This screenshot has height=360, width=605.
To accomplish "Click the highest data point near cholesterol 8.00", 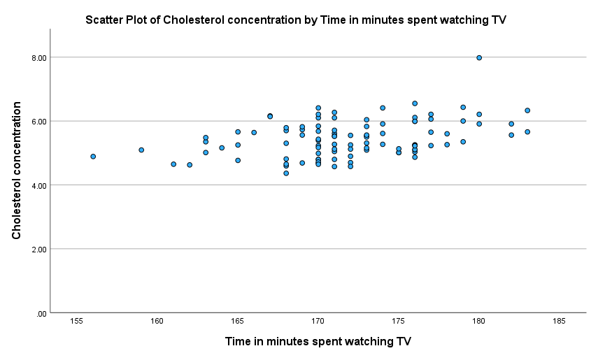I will click(479, 58).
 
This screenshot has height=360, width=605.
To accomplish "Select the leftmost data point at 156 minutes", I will click(93, 157).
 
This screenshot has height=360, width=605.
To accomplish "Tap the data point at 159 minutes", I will click(141, 150).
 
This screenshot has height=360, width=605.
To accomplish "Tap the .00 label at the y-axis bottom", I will click(41, 313).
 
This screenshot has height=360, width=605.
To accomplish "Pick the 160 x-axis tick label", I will click(157, 321).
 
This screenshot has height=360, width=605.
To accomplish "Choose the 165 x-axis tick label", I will click(238, 321).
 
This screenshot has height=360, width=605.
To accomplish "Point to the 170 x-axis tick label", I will click(318, 321).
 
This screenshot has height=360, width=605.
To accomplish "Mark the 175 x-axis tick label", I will click(399, 321).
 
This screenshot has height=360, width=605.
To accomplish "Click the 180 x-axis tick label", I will click(479, 321).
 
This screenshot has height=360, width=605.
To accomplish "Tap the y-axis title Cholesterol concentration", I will click(17, 171).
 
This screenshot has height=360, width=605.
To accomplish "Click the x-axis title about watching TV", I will click(318, 342).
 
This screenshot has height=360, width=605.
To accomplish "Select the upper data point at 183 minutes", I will click(527, 110).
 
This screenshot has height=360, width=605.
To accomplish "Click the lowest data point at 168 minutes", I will click(286, 173).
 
